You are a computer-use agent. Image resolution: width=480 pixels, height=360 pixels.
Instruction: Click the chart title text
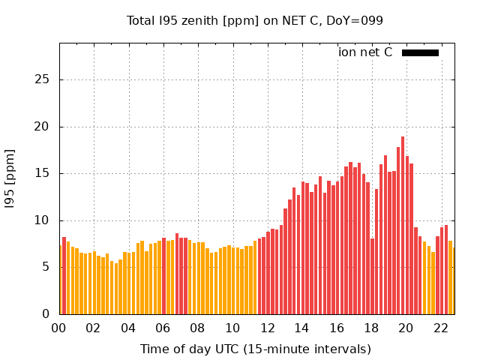pyautogui.click(x=255, y=20)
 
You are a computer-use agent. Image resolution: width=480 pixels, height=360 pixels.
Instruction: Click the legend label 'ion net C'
pyautogui.click(x=365, y=52)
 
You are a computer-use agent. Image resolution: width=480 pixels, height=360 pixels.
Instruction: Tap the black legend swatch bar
pyautogui.click(x=420, y=52)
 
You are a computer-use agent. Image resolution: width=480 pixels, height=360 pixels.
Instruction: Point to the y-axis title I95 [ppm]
pyautogui.click(x=10, y=178)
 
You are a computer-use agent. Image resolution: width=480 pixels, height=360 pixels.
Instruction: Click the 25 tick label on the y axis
pyautogui.click(x=46, y=79)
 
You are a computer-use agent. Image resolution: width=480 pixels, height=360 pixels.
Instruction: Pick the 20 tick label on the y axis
pyautogui.click(x=46, y=127)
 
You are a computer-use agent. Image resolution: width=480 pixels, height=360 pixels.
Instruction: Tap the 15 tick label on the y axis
pyautogui.click(x=46, y=173)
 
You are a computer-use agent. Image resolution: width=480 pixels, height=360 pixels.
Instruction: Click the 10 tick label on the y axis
pyautogui.click(x=46, y=220)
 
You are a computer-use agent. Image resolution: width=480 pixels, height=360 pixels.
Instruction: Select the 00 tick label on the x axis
pyautogui.click(x=59, y=328)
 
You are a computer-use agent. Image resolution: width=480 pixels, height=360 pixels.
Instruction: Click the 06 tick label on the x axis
pyautogui.click(x=163, y=328)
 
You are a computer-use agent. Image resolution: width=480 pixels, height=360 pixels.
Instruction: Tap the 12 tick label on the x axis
pyautogui.click(x=267, y=328)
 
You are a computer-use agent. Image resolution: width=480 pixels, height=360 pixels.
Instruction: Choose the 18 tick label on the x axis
pyautogui.click(x=371, y=328)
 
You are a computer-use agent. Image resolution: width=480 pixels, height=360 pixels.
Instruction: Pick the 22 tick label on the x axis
pyautogui.click(x=440, y=328)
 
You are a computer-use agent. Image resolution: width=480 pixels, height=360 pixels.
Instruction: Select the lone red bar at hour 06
pyautogui.click(x=163, y=276)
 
